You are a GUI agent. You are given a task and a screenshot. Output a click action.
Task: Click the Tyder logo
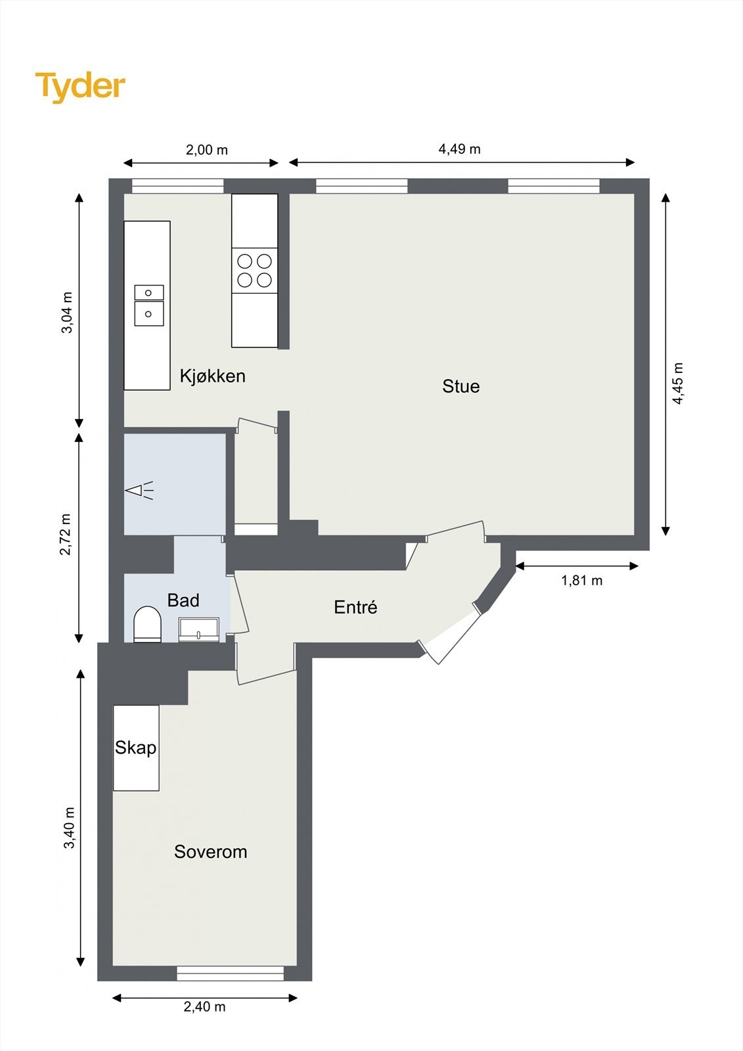(x=80, y=87)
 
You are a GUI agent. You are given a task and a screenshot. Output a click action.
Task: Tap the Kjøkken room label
(x=213, y=376)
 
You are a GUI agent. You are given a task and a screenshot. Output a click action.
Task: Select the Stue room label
(x=461, y=387)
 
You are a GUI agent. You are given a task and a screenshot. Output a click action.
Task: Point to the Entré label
(x=355, y=607)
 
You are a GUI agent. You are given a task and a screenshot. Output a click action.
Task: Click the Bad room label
(x=183, y=600)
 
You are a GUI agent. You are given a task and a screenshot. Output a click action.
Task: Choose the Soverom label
(x=210, y=851)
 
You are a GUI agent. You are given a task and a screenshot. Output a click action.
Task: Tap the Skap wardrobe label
(x=135, y=748)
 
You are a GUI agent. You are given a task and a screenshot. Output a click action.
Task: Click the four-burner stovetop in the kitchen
(x=254, y=270)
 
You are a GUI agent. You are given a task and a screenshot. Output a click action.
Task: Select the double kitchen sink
(x=149, y=305)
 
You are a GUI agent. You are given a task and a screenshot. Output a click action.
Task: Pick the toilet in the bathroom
(x=147, y=624)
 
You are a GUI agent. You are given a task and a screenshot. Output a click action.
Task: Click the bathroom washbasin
(x=199, y=630)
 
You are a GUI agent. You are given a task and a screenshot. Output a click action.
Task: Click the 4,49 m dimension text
(x=459, y=149)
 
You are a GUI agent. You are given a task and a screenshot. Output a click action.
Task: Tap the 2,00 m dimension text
(x=207, y=150)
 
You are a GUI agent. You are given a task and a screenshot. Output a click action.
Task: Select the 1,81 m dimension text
(x=581, y=581)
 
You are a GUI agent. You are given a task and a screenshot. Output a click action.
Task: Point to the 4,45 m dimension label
(x=678, y=384)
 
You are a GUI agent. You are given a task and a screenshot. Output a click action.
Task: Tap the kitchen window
(x=177, y=187)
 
